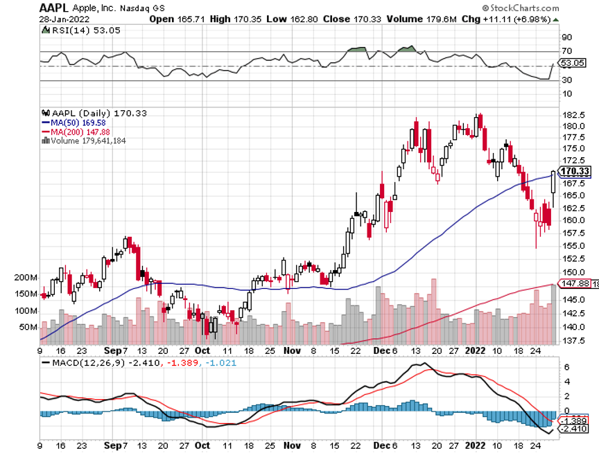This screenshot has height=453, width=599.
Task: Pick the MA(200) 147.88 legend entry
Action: pyautogui.click(x=80, y=131)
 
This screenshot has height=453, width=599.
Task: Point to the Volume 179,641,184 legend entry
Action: pyautogui.click(x=91, y=140)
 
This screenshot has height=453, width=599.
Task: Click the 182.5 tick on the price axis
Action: pyautogui.click(x=571, y=114)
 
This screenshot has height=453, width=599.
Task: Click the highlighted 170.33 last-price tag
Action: pyautogui.click(x=575, y=172)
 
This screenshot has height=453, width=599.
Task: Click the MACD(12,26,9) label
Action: pyautogui.click(x=83, y=362)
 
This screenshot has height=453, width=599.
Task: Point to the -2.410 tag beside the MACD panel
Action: pyautogui.click(x=575, y=429)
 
